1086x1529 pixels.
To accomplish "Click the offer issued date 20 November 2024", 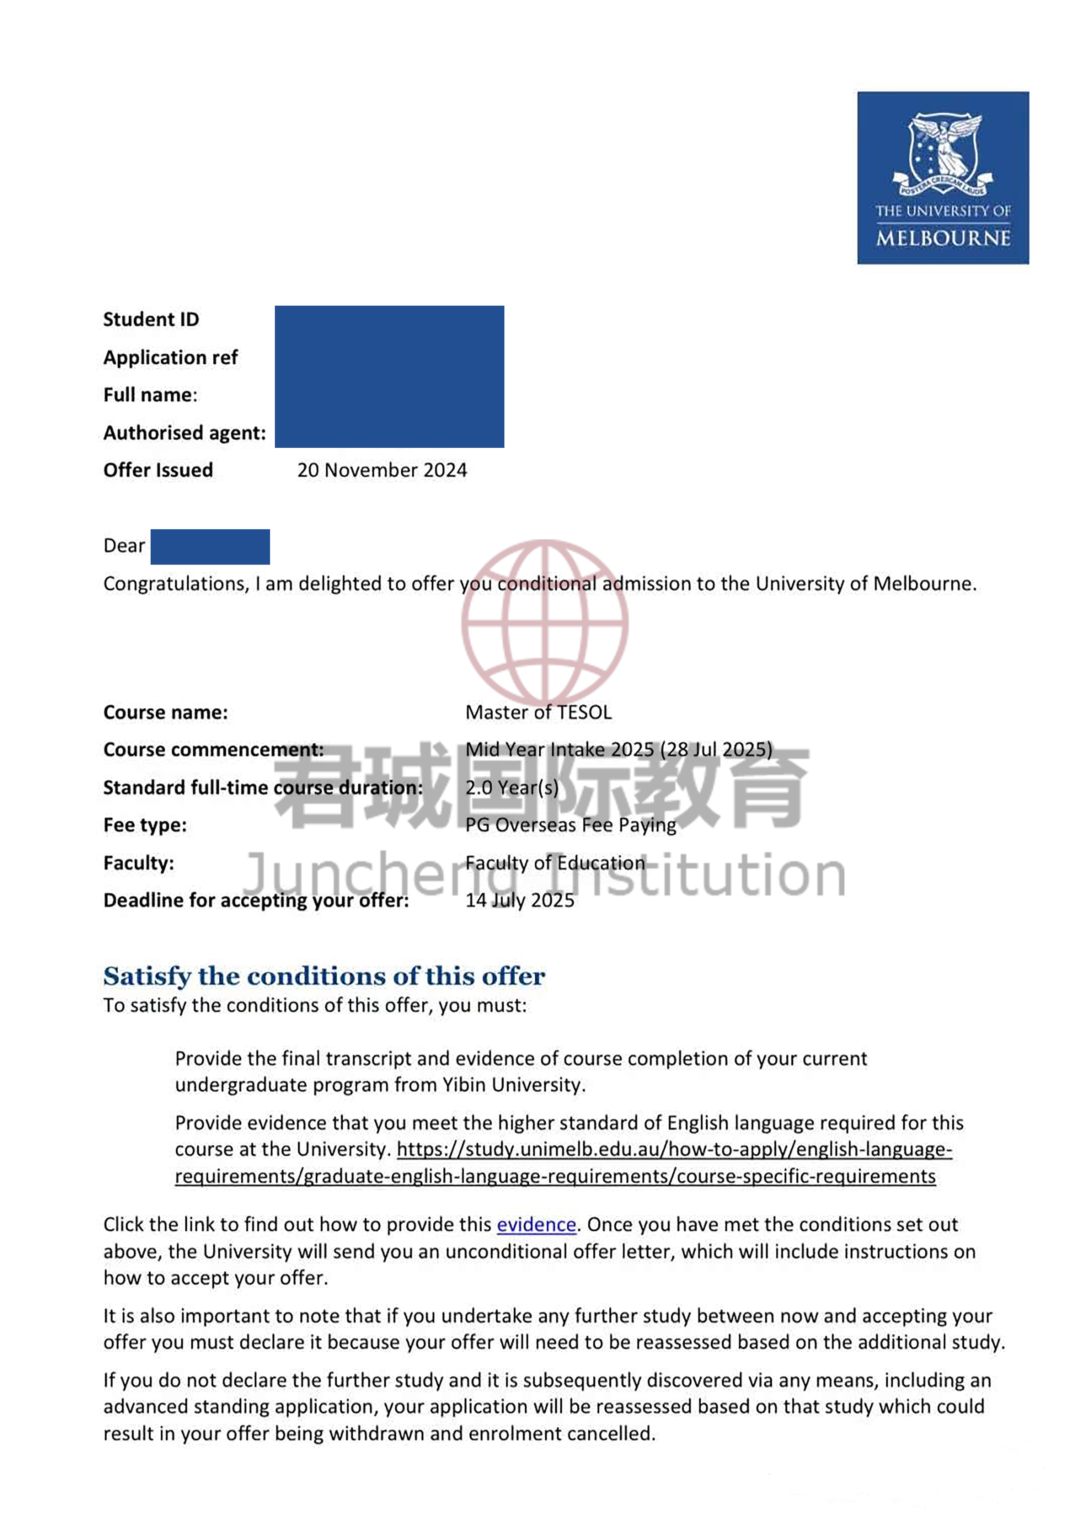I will [382, 470].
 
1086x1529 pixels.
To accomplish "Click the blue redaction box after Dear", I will [210, 546].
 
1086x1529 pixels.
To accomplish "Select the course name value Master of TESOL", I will [538, 712].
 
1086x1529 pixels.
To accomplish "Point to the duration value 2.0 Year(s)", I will [512, 788].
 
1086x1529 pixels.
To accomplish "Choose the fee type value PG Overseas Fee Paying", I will [571, 825].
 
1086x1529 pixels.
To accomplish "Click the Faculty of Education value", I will [555, 863].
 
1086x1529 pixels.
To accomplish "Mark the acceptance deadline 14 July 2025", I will [520, 900].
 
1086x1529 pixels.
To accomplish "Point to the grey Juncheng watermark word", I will [361, 874].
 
